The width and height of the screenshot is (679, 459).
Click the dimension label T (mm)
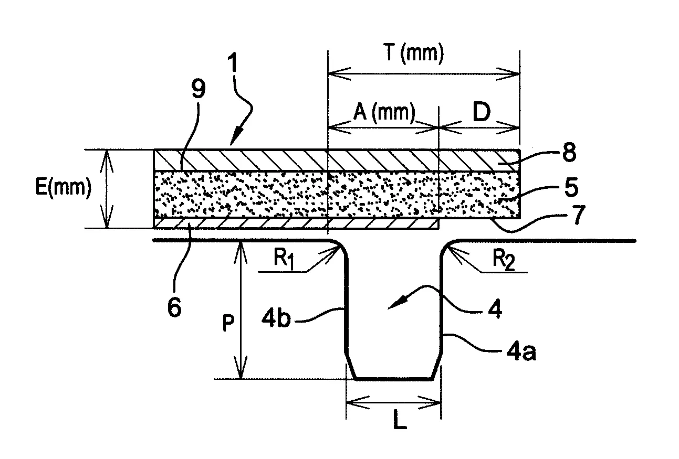point(413,54)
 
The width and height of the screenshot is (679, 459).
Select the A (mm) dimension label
point(384,113)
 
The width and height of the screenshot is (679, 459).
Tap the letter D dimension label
point(482,112)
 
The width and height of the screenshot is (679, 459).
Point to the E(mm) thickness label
point(63,187)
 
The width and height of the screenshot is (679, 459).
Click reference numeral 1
point(233,62)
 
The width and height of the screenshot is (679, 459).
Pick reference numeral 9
point(199,89)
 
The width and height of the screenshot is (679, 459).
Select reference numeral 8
point(569,152)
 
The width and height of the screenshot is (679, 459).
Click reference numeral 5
point(571,187)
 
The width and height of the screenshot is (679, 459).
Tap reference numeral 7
point(578,215)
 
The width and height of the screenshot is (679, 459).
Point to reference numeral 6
point(174,307)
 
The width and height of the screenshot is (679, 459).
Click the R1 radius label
point(284,260)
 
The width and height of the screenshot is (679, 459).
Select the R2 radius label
point(504,260)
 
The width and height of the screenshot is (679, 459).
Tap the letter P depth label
point(228,323)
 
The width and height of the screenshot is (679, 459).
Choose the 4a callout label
point(521,351)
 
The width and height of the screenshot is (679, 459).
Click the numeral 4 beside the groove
point(495,309)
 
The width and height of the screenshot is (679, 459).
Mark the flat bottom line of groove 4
point(393,379)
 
